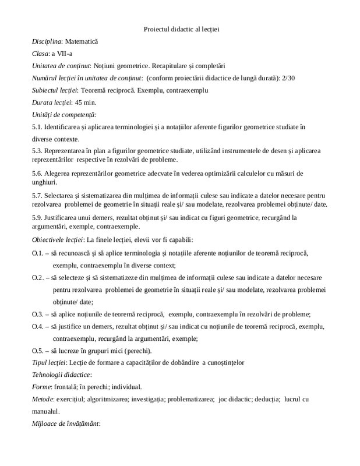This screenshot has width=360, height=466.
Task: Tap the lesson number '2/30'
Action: [x=288, y=78]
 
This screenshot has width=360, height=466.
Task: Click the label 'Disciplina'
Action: [x=47, y=42]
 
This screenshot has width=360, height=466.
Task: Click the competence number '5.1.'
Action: [x=38, y=126]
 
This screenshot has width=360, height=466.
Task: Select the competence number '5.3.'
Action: [x=38, y=151]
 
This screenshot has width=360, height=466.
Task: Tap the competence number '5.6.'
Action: [x=38, y=174]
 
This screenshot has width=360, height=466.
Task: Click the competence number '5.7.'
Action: [x=38, y=196]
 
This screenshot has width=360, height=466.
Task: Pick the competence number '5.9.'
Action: [x=38, y=217]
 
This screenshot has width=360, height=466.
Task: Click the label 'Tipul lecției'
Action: [x=51, y=362]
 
